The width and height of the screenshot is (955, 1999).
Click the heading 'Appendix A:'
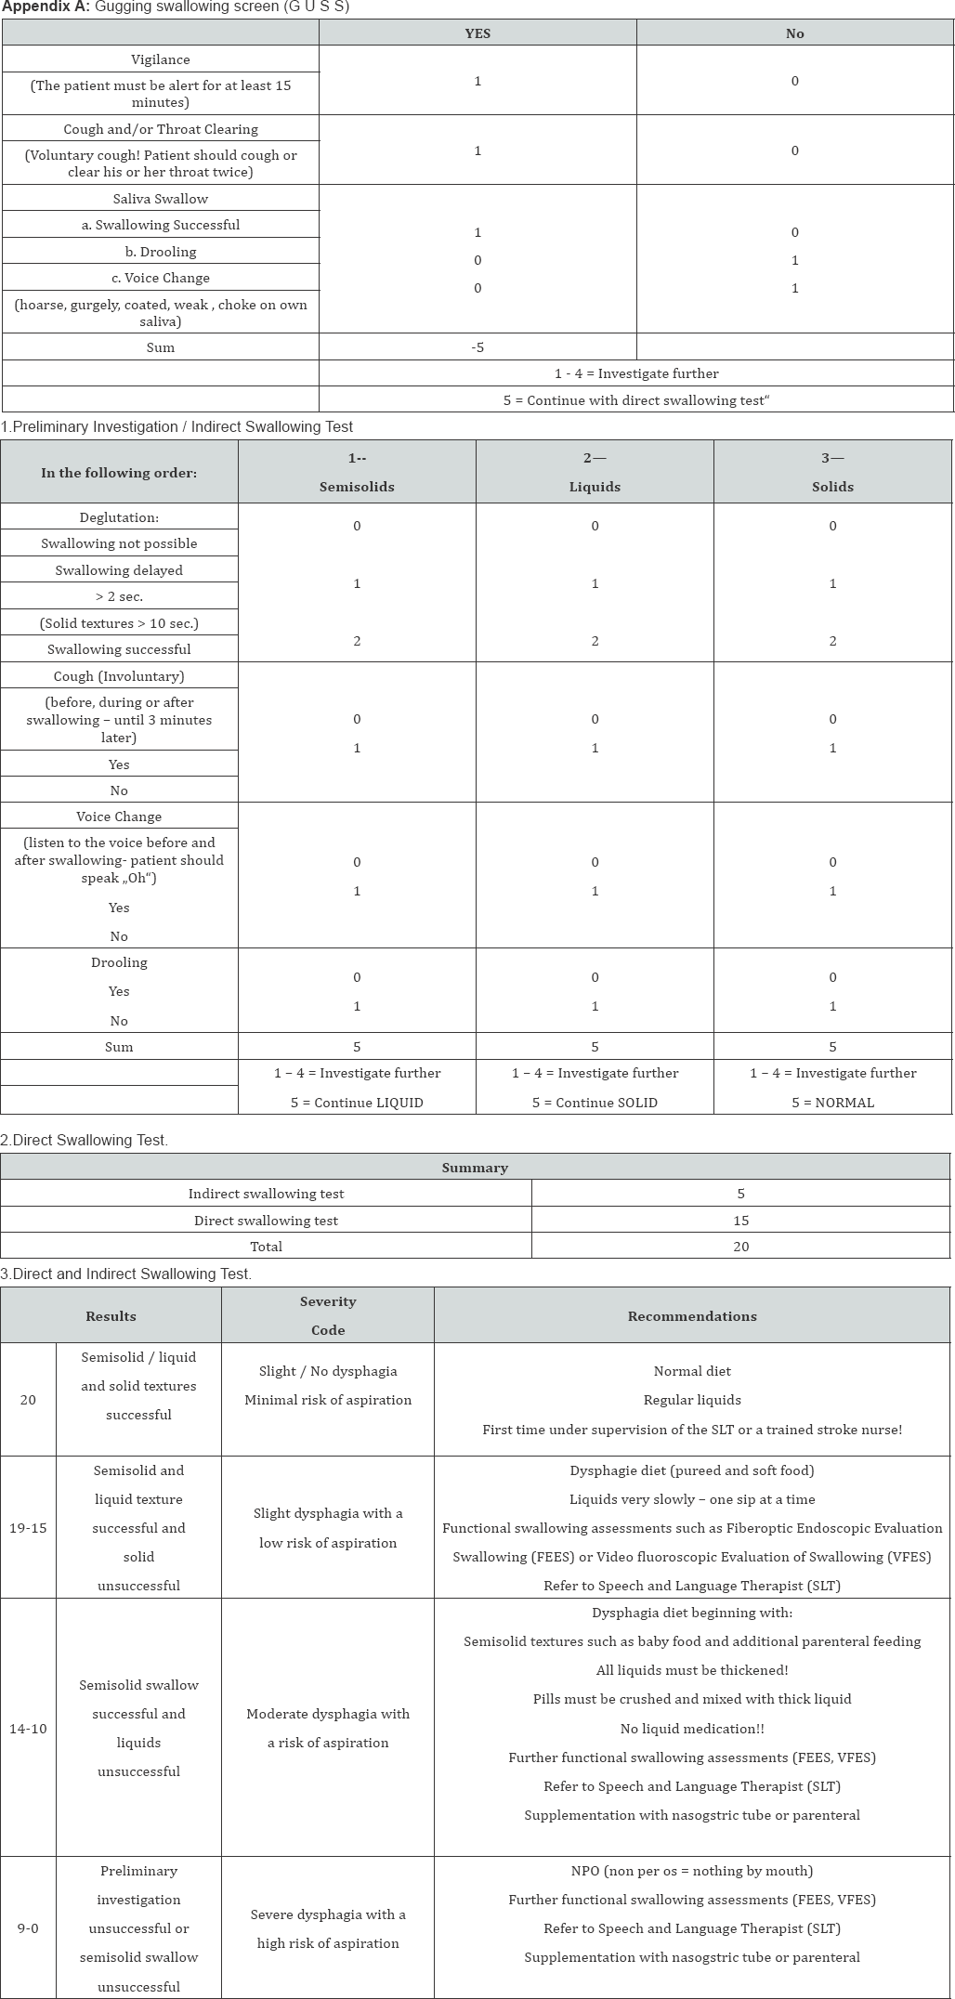click(x=45, y=7)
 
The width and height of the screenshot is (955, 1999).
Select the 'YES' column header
click(x=477, y=33)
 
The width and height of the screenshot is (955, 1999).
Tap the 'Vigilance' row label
click(x=160, y=59)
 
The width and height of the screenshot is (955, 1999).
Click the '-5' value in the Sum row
click(x=477, y=347)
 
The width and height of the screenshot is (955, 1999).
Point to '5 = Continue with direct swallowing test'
click(x=636, y=400)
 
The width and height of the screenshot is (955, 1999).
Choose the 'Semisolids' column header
click(x=357, y=487)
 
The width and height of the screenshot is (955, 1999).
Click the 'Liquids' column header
click(x=595, y=487)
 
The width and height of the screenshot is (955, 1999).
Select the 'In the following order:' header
click(x=119, y=473)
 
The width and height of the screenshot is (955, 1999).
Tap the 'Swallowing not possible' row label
click(x=119, y=543)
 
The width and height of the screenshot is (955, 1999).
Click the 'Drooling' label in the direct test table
click(x=119, y=962)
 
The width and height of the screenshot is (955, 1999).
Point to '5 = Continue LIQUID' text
click(x=357, y=1103)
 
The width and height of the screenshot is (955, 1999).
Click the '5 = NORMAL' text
click(x=832, y=1103)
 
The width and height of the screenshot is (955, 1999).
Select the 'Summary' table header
click(x=475, y=1168)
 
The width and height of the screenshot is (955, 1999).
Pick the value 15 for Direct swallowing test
click(x=740, y=1221)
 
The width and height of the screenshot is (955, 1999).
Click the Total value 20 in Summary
click(x=740, y=1247)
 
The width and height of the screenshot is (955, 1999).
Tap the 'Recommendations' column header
click(x=692, y=1316)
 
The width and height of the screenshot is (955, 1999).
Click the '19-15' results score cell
click(x=28, y=1528)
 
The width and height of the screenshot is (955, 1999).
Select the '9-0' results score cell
click(x=28, y=1928)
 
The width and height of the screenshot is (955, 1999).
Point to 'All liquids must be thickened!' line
click(x=692, y=1670)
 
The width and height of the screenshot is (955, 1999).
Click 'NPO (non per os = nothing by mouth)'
click(x=692, y=1871)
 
